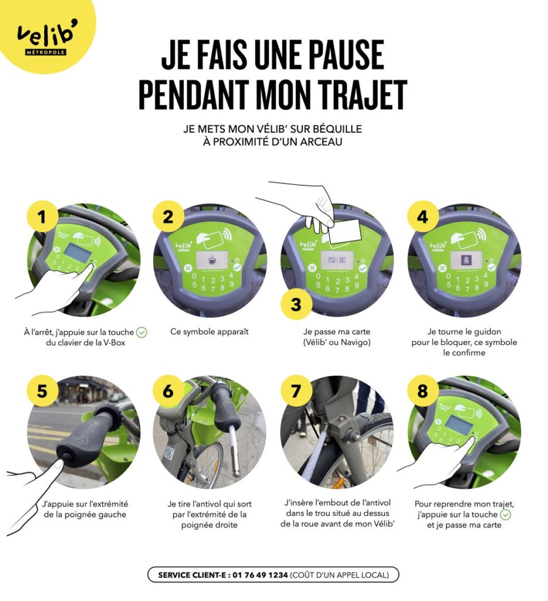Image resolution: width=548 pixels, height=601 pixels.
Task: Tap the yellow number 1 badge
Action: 42,217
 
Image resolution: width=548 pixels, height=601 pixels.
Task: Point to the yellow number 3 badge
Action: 296,305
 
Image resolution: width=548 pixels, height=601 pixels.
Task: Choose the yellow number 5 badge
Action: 42,391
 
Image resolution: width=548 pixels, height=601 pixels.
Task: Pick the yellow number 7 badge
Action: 296,391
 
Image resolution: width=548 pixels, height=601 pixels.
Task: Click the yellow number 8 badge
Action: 422,391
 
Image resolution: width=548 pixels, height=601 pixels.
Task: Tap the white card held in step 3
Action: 345,231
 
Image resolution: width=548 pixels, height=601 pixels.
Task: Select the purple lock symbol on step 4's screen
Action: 466,261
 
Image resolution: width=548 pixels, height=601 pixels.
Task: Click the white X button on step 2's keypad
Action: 187,268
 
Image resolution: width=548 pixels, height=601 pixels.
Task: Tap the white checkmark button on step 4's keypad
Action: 491,267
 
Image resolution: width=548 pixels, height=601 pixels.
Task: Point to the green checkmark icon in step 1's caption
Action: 142,332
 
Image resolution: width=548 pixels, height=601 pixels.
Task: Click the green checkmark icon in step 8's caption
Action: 506,514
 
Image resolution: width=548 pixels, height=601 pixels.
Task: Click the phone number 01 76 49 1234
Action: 260,575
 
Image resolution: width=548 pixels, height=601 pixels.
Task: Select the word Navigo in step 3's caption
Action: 356,342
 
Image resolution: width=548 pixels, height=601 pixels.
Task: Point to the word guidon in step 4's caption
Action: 488,332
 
